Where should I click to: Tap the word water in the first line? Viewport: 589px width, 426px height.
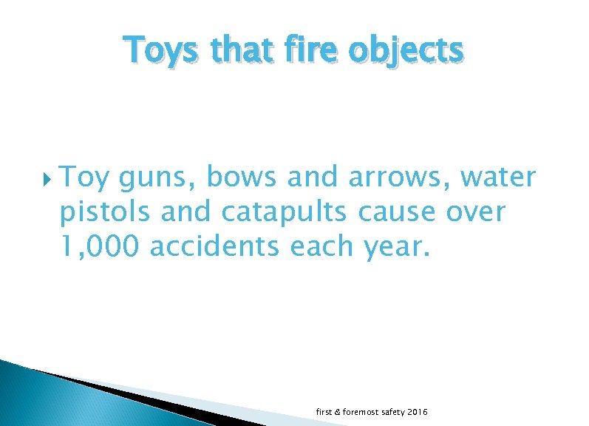click(x=510, y=177)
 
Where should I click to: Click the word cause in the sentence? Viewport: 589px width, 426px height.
click(x=398, y=212)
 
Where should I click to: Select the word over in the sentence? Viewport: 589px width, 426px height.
click(x=477, y=212)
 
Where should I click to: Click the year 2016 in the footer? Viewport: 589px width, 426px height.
click(x=418, y=411)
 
